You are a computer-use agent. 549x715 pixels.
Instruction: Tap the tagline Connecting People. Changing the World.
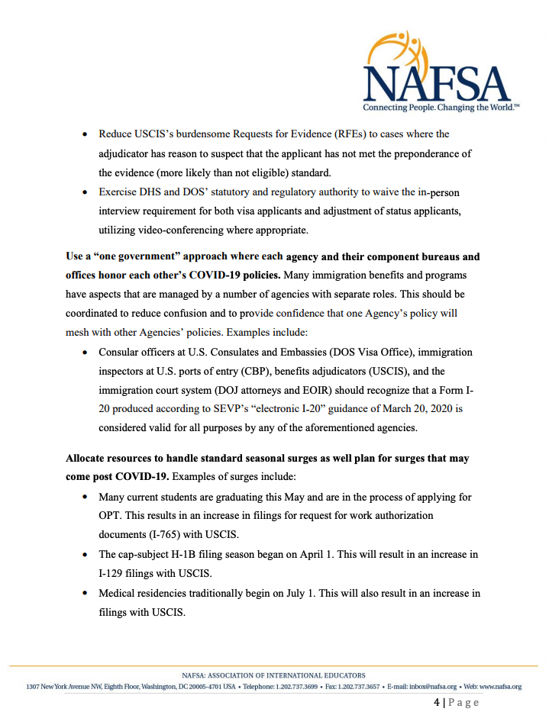(442, 108)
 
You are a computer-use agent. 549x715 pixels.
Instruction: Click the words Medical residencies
(147, 593)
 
